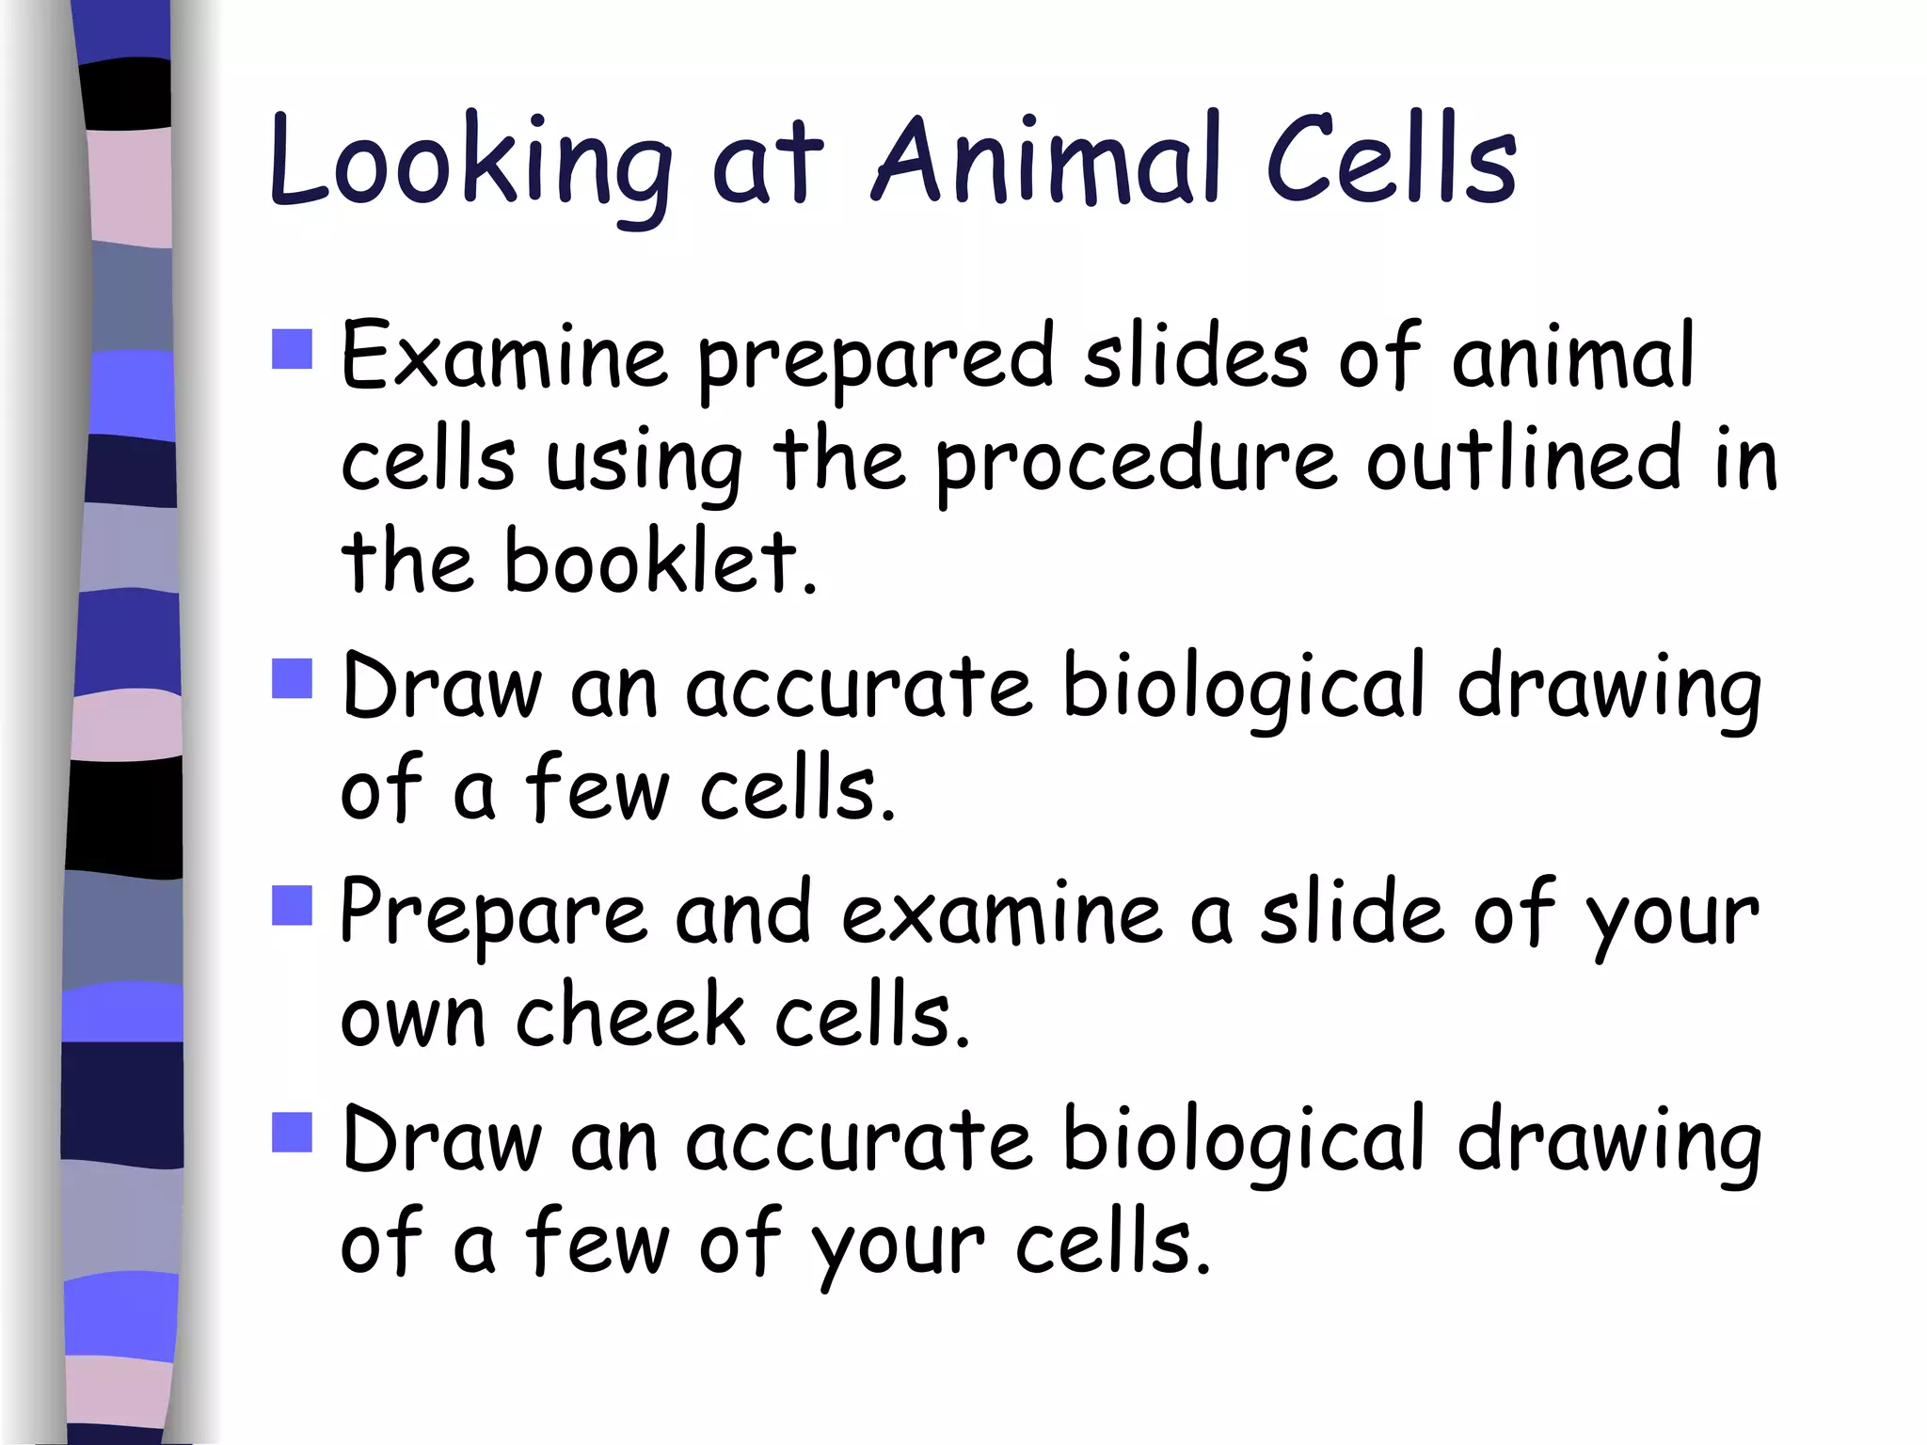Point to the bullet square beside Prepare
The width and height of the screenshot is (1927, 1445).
coord(292,905)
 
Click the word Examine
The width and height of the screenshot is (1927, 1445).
coord(503,356)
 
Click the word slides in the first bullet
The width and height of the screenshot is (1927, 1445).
coord(1195,356)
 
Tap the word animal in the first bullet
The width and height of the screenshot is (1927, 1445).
coord(1573,356)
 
